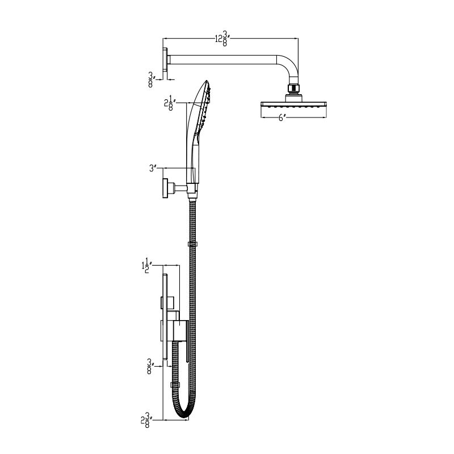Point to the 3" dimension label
click(x=152, y=168)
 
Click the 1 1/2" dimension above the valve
click(x=145, y=265)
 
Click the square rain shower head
click(x=293, y=106)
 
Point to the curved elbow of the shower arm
click(x=291, y=65)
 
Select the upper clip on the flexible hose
click(x=192, y=245)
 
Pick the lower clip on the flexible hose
click(x=174, y=385)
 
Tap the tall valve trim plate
click(x=165, y=318)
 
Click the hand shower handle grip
click(x=194, y=153)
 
